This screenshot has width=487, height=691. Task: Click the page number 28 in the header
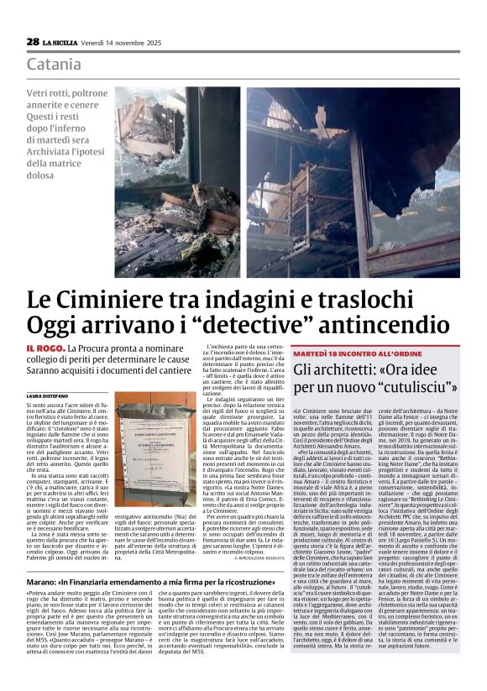click(33, 41)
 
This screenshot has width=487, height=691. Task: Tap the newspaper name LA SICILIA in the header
click(61, 42)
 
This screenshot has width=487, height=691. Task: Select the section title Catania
click(54, 65)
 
